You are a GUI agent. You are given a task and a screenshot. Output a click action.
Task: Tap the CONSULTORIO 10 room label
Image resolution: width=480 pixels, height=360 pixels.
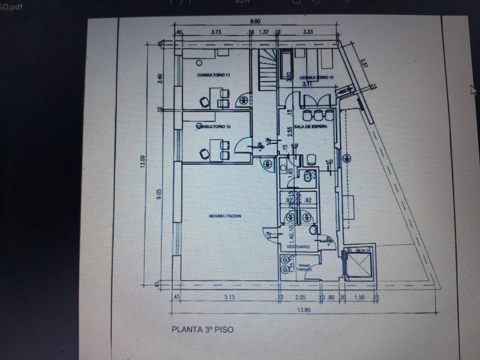click(214, 127)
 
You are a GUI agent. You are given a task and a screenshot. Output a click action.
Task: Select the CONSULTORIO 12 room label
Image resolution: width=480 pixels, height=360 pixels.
click(316, 77)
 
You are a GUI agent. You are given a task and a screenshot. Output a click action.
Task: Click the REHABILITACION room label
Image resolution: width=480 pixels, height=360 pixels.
click(226, 215)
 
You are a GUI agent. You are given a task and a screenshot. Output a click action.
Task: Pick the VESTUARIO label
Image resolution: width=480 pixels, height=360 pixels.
click(298, 247)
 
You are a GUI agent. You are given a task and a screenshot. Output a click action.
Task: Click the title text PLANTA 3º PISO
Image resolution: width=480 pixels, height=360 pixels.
click(202, 329)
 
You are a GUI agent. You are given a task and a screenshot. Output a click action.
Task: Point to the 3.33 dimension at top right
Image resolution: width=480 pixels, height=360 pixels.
click(308, 31)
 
